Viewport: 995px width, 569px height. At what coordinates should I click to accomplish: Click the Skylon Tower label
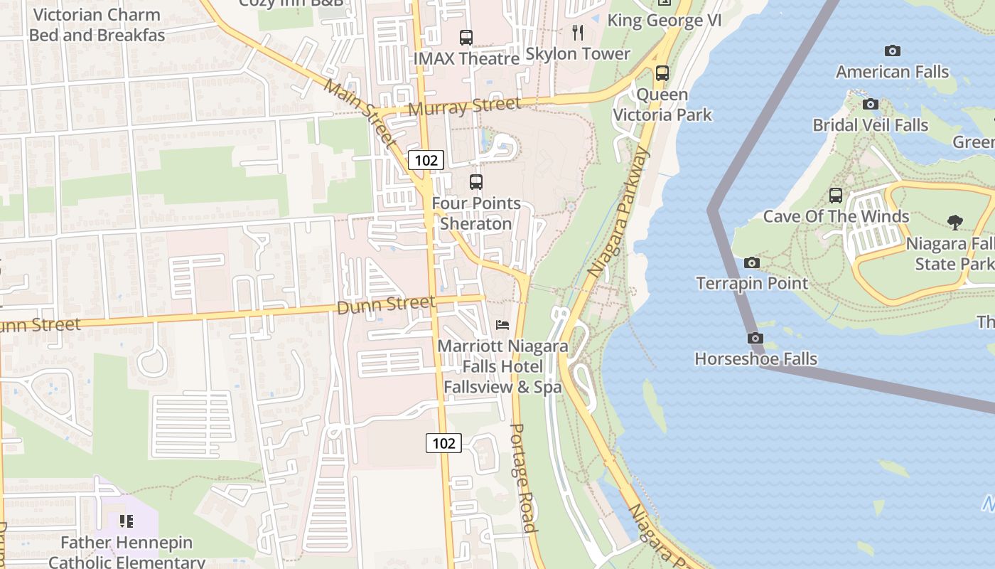[x=577, y=54]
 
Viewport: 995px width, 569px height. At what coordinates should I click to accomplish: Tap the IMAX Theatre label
[x=466, y=58]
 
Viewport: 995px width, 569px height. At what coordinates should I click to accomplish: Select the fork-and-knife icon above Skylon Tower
[x=578, y=32]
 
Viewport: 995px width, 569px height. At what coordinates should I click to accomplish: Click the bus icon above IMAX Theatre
[x=466, y=37]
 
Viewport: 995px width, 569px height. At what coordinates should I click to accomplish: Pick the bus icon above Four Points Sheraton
[x=476, y=181]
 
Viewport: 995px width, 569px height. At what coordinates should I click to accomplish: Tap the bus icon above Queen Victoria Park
[x=662, y=73]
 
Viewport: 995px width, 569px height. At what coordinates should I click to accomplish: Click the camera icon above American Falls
[x=893, y=50]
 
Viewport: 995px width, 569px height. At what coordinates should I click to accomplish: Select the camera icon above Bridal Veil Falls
[x=871, y=104]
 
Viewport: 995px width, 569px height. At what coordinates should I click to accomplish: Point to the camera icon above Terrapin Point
[x=752, y=262]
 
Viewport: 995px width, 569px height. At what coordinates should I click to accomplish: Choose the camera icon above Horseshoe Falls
[x=755, y=338]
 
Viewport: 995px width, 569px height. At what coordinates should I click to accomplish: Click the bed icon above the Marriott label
[x=502, y=325]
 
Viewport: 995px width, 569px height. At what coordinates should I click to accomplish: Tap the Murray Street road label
[x=465, y=107]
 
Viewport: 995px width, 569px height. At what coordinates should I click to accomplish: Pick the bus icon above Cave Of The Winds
[x=836, y=195]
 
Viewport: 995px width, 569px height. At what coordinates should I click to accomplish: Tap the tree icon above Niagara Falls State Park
[x=955, y=223]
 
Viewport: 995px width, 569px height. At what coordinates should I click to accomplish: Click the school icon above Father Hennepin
[x=127, y=521]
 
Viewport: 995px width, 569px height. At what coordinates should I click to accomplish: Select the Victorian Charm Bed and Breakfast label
[x=97, y=25]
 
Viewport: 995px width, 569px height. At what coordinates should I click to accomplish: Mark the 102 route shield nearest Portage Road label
[x=443, y=443]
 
